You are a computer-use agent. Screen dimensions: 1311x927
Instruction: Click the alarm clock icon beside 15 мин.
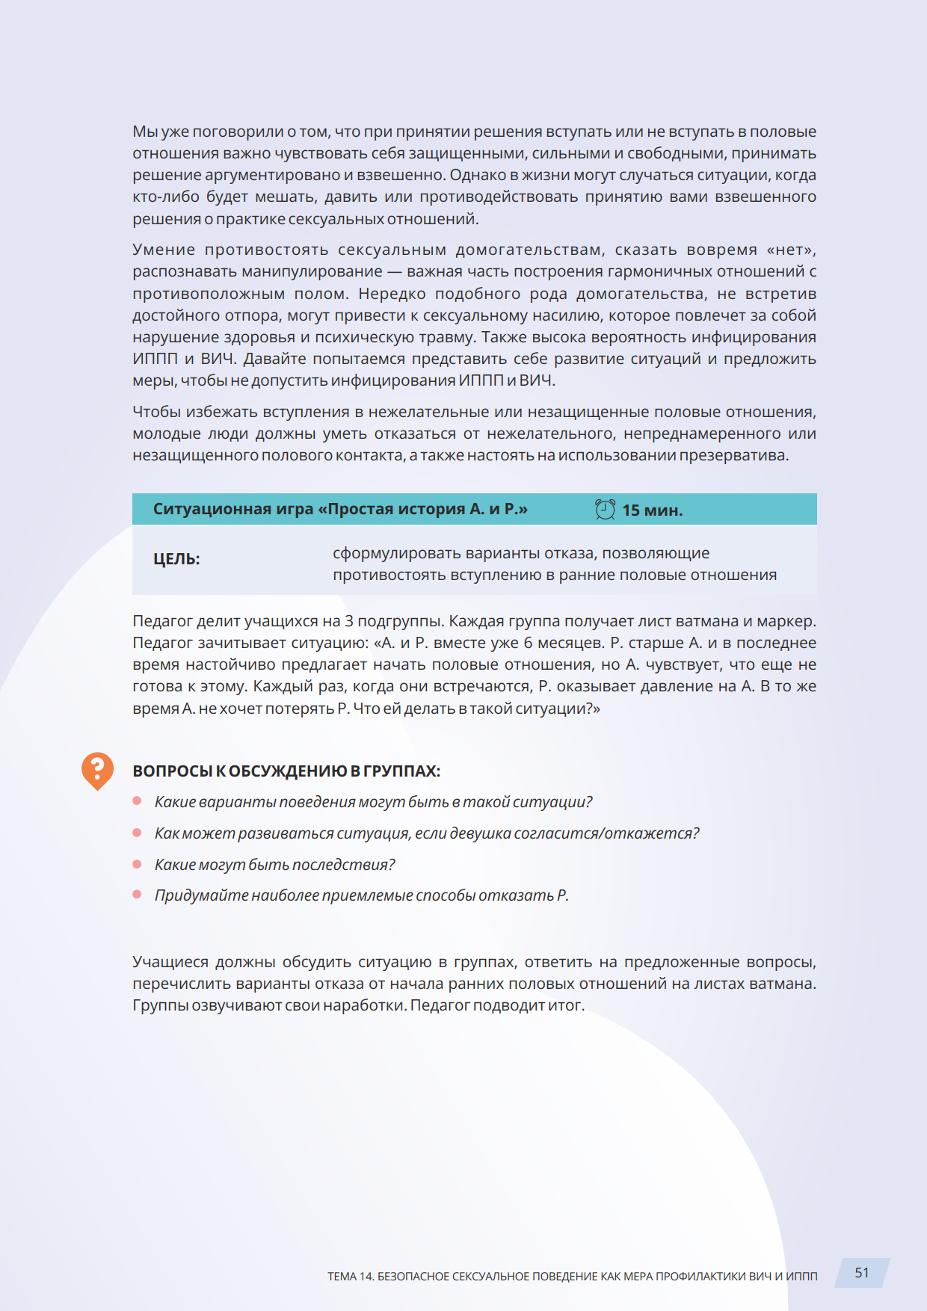[605, 510]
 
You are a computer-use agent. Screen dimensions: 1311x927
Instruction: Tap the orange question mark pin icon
[97, 769]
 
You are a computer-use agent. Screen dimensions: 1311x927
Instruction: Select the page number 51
[862, 1273]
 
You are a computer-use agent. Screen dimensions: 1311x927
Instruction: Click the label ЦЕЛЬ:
[176, 559]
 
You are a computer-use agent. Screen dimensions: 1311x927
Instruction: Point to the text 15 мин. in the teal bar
[652, 510]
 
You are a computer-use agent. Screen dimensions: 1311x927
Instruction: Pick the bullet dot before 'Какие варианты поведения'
[137, 801]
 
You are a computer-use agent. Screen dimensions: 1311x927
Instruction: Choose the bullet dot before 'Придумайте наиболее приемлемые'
[137, 895]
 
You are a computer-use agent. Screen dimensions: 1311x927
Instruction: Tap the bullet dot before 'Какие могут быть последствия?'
[137, 864]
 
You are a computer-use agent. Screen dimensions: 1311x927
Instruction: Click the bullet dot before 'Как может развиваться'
[137, 833]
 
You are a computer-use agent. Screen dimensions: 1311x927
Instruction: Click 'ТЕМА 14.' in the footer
[351, 1277]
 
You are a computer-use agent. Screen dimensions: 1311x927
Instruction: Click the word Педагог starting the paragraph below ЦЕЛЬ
[162, 621]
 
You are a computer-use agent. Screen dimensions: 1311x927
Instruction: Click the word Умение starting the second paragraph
[164, 250]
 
